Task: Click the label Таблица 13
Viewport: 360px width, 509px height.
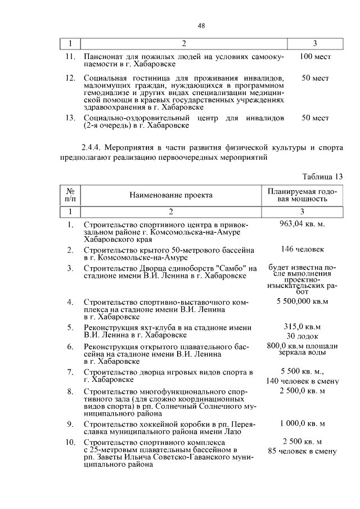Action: (322, 177)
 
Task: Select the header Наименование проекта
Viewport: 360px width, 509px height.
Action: (171, 195)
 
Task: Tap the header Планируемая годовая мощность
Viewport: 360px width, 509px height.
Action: (302, 195)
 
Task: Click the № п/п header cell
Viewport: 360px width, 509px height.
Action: (71, 195)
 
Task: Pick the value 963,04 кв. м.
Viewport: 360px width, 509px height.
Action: (302, 224)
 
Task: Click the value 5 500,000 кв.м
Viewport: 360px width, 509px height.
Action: (302, 302)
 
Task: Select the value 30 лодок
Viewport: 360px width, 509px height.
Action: (302, 336)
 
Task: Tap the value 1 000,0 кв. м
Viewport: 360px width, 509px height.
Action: (302, 424)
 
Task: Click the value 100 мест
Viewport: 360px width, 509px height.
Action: (315, 57)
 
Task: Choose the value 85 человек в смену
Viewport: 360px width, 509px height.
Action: (302, 451)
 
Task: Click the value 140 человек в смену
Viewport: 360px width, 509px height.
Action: (302, 381)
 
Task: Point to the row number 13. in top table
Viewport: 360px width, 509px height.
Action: (71, 118)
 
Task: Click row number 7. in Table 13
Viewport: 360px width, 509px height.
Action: (71, 372)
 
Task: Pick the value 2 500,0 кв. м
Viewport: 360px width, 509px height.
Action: (302, 390)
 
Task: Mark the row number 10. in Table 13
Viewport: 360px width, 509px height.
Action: (71, 442)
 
